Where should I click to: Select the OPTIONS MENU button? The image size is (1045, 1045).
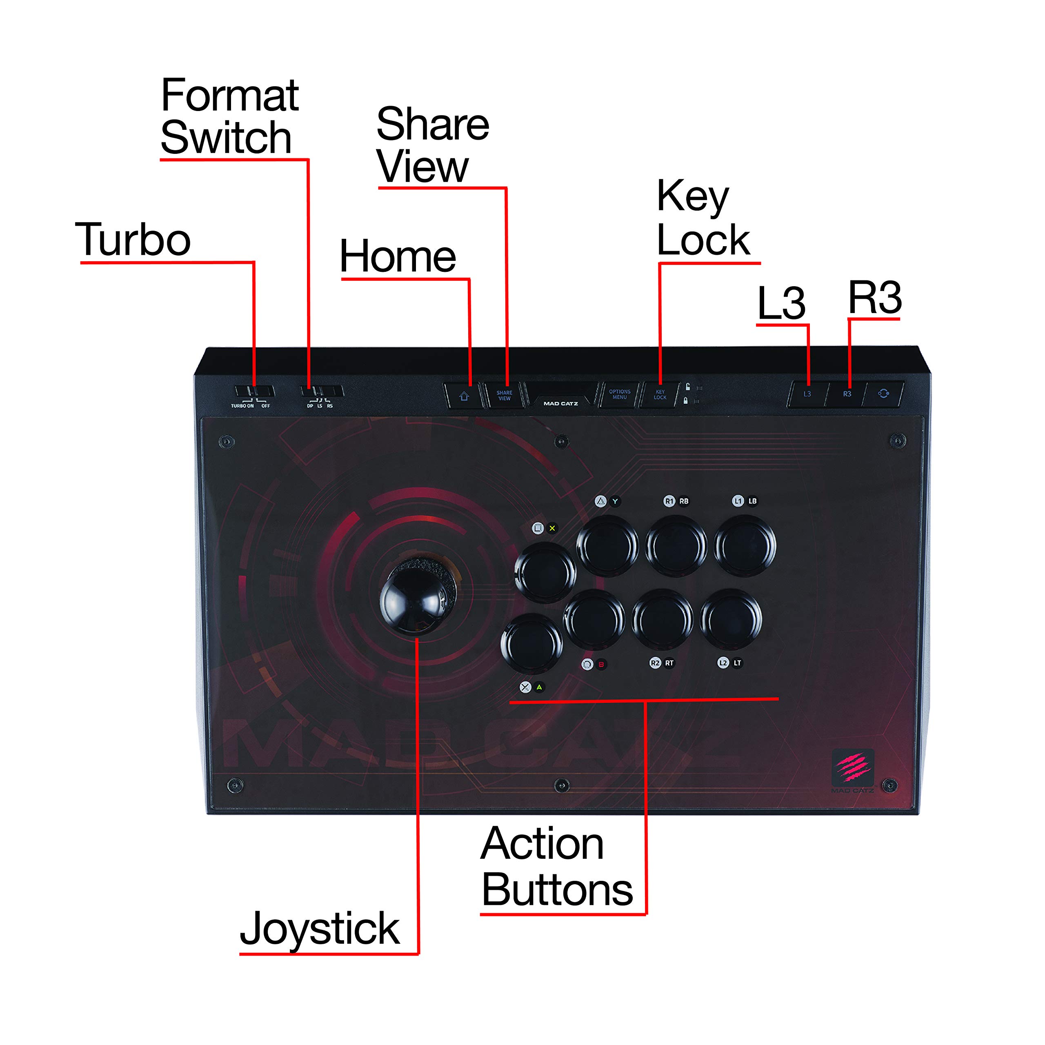coord(619,394)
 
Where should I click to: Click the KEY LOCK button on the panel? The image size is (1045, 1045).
coord(660,394)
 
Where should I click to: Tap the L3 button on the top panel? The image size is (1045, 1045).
coord(807,394)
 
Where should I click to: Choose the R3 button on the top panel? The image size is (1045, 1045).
coord(847,394)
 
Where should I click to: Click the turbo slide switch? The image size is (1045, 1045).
coord(254,391)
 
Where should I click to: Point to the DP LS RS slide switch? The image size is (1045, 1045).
coord(321,391)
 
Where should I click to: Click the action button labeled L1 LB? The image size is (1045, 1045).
coord(745,545)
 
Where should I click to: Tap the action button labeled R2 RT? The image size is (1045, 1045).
coord(663,619)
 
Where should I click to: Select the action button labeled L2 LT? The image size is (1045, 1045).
coord(731,619)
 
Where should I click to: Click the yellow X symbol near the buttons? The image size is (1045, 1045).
coord(552,528)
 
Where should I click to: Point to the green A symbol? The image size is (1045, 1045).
coord(539,687)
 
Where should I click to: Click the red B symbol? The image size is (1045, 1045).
coord(601,664)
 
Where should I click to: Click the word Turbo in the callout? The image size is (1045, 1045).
coord(133,240)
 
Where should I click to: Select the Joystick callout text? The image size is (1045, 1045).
coord(320,928)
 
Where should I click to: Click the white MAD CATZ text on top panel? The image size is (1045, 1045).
coord(560,403)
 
